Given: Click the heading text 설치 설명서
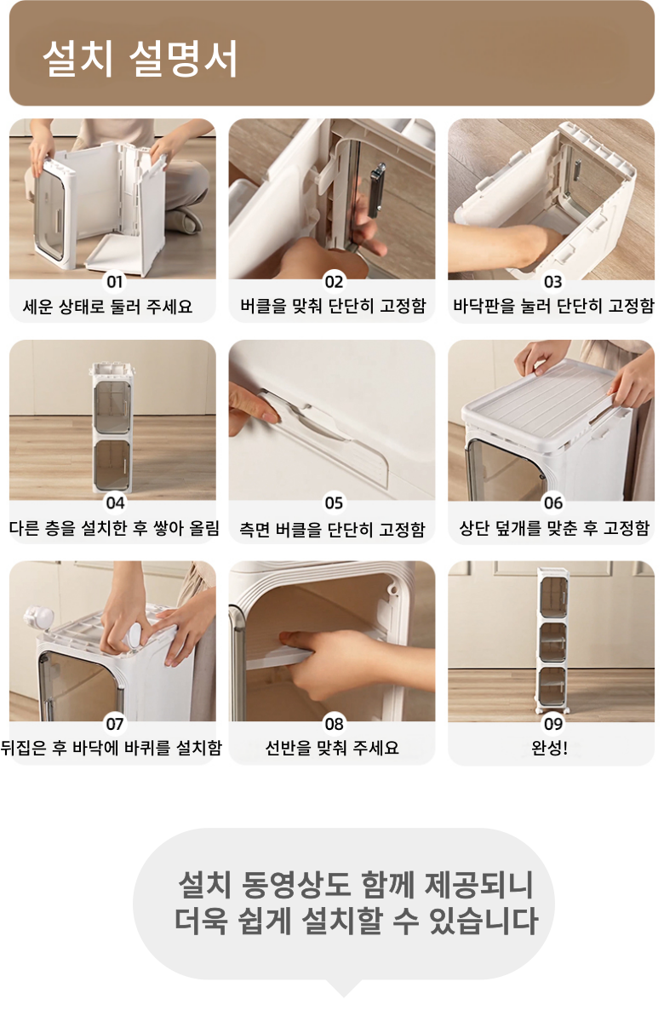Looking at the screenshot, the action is click(140, 58).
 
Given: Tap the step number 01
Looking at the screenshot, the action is click(114, 282).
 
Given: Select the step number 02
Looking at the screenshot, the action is click(334, 282).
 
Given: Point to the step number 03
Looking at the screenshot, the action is click(552, 282).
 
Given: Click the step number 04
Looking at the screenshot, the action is click(115, 502).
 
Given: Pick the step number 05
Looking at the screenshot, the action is click(334, 502).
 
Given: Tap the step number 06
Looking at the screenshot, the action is click(553, 502).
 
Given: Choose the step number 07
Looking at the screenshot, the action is click(114, 724).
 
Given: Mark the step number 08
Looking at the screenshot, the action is click(334, 724).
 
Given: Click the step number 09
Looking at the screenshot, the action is click(553, 724).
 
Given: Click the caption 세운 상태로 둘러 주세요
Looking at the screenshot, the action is click(107, 306).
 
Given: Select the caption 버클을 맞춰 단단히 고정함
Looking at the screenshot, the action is click(334, 306).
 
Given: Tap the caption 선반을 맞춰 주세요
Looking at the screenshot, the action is click(332, 748).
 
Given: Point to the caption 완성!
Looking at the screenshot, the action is click(550, 748).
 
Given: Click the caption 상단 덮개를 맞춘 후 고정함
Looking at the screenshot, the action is click(554, 528).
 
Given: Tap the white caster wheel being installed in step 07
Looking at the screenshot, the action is click(136, 634).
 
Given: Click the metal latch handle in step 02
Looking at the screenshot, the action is click(376, 190).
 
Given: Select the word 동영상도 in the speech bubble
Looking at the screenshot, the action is click(296, 885).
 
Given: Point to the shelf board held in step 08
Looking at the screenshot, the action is click(279, 657).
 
